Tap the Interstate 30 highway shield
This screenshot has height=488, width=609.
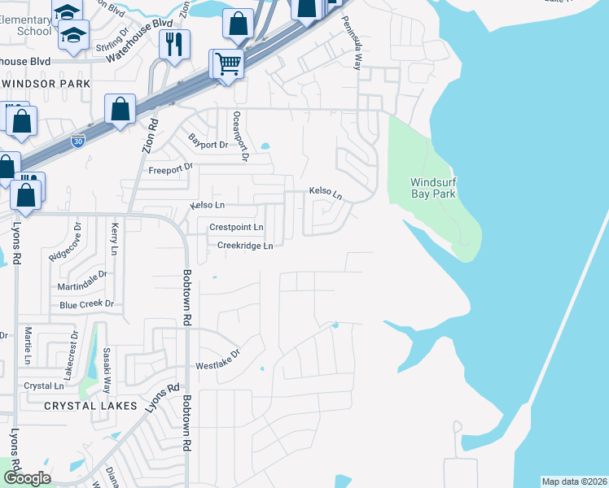tap(77, 141)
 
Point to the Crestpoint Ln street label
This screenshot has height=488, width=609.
tap(236, 228)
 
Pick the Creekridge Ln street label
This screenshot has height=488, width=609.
tap(244, 245)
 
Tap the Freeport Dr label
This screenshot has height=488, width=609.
tap(170, 169)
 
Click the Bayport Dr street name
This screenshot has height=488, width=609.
tap(208, 144)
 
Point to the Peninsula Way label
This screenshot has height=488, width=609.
tap(356, 44)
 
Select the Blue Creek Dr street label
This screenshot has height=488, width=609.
tap(86, 305)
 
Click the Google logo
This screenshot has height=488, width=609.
tap(26, 477)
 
